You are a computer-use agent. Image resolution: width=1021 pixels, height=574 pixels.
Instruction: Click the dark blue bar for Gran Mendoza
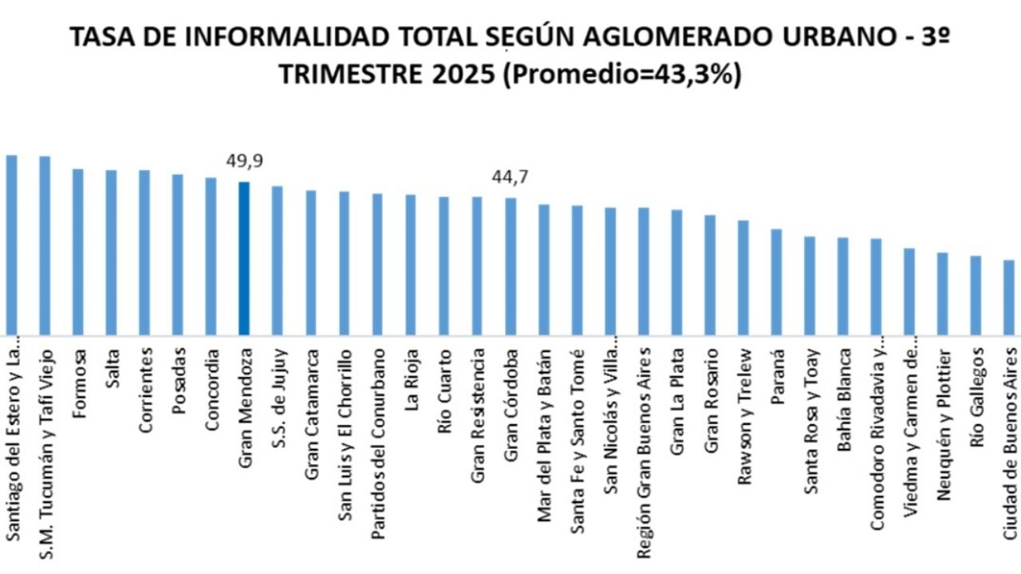[244, 258]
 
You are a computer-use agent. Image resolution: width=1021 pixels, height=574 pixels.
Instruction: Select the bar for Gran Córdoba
[510, 266]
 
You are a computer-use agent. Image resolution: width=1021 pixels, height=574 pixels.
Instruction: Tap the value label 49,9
[244, 162]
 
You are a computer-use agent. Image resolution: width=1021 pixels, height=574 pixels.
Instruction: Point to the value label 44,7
[510, 178]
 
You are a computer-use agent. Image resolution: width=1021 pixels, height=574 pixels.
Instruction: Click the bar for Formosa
[78, 252]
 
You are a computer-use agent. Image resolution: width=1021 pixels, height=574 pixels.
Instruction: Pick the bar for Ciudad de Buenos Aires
[1009, 297]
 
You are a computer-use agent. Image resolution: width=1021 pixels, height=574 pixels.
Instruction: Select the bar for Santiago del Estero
[11, 245]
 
